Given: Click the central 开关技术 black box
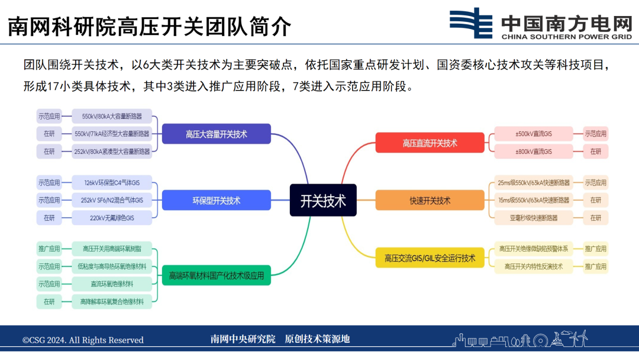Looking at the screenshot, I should click(322, 200).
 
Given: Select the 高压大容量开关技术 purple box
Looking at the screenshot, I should click(216, 134).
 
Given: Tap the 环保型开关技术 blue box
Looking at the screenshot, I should click(216, 200).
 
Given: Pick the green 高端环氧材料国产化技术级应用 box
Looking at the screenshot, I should click(216, 275).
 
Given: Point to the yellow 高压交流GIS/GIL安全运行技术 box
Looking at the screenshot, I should click(430, 258).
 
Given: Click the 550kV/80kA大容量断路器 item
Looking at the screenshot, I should click(112, 116).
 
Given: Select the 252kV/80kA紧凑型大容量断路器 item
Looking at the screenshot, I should click(112, 151).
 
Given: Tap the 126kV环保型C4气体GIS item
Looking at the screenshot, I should click(112, 182).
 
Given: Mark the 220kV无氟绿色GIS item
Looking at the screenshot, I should click(112, 218).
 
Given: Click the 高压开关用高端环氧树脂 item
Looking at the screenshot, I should click(112, 248).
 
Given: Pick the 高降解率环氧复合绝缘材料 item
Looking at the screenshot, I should click(112, 301).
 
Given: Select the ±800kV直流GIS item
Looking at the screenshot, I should click(534, 152).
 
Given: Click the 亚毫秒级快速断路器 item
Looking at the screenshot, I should click(534, 218).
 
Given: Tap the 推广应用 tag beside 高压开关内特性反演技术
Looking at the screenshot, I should click(595, 266).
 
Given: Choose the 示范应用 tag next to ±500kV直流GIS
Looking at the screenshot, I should click(595, 134).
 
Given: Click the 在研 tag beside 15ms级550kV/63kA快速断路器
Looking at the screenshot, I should click(595, 200).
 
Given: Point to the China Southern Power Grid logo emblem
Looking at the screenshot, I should click(471, 23).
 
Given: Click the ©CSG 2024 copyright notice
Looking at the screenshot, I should click(83, 340).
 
